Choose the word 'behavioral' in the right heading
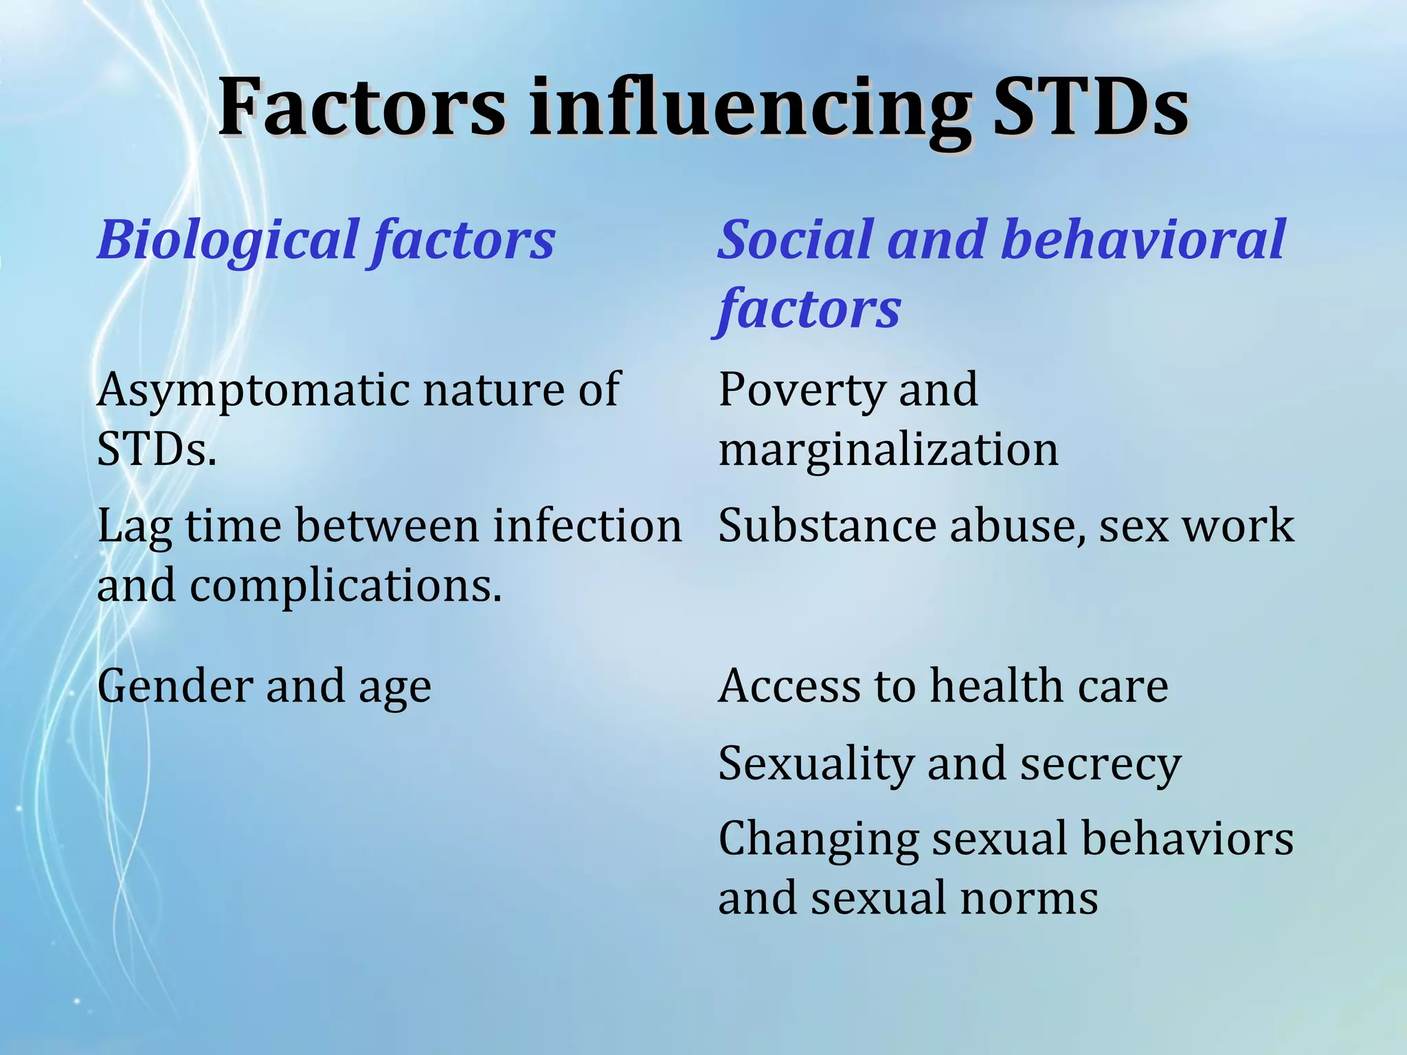click(x=1143, y=240)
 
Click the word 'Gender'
click(x=176, y=688)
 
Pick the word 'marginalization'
click(x=888, y=451)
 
